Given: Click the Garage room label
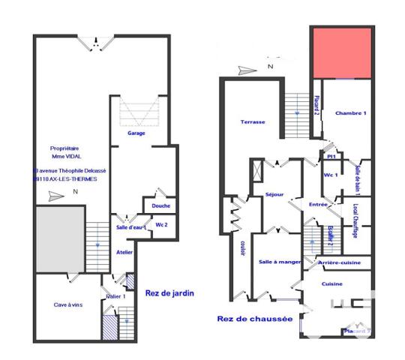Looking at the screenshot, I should [x=136, y=133].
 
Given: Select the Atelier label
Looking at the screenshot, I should [x=124, y=252].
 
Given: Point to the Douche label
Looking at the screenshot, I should [x=160, y=205].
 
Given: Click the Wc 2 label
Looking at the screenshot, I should [x=160, y=224].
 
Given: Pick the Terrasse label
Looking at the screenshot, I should [x=252, y=121].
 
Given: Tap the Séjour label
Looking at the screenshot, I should [x=274, y=194].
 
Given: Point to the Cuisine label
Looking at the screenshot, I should [x=332, y=284].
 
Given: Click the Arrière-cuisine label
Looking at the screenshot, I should [x=340, y=263].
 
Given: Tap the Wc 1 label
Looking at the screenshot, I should [x=331, y=174].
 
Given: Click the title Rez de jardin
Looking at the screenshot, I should [x=169, y=294].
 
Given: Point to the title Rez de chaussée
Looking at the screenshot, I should [x=254, y=318].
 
